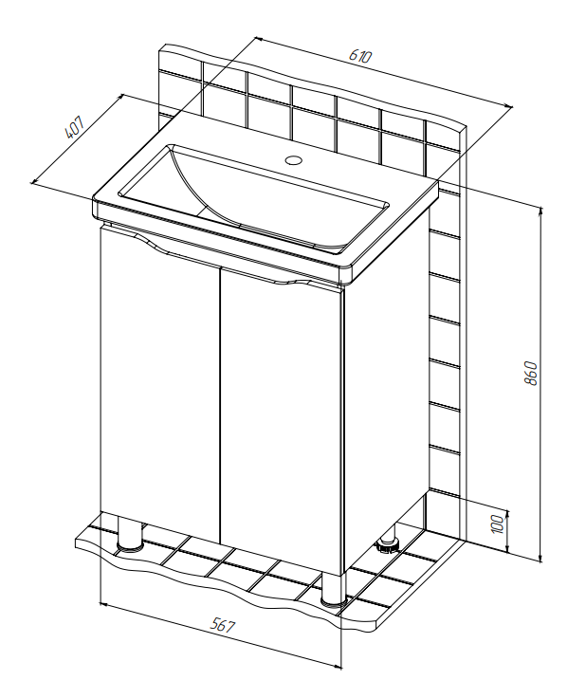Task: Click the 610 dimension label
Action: tap(360, 56)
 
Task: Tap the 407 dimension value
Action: tap(74, 127)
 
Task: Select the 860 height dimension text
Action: tap(530, 372)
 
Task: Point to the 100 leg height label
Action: tap(498, 524)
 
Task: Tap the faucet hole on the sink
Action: tap(294, 160)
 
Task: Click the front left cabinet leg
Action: tap(130, 533)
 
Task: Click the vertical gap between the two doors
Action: tap(220, 406)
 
